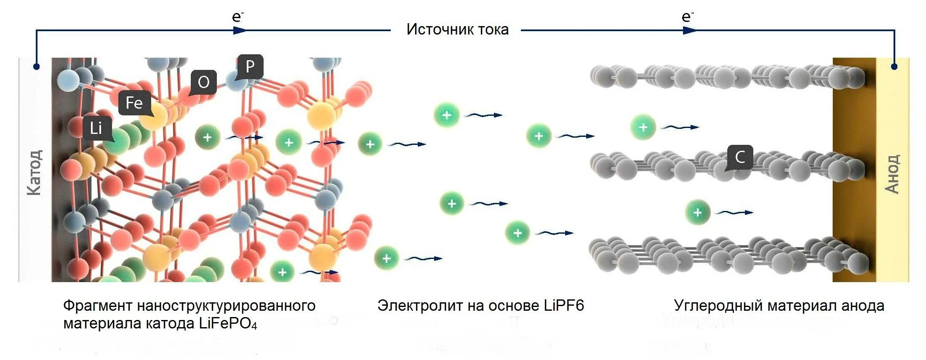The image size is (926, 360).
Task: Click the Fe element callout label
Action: [134, 103]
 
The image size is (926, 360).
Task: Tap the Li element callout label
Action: [96, 128]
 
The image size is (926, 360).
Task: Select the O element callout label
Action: [204, 82]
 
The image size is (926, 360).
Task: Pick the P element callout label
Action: [250, 66]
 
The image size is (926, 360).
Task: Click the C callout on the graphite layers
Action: [740, 157]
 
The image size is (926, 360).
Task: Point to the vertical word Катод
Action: [34, 172]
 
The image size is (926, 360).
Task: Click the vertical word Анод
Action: [892, 174]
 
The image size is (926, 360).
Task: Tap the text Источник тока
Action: [457, 29]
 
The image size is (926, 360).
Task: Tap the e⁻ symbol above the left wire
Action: [238, 17]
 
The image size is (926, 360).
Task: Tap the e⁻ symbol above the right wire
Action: [687, 17]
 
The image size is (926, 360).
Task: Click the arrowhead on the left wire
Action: [240, 30]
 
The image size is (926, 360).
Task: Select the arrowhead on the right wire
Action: [690, 30]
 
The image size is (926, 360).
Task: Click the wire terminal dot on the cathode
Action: [37, 67]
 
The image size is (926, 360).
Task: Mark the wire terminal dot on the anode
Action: [894, 67]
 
